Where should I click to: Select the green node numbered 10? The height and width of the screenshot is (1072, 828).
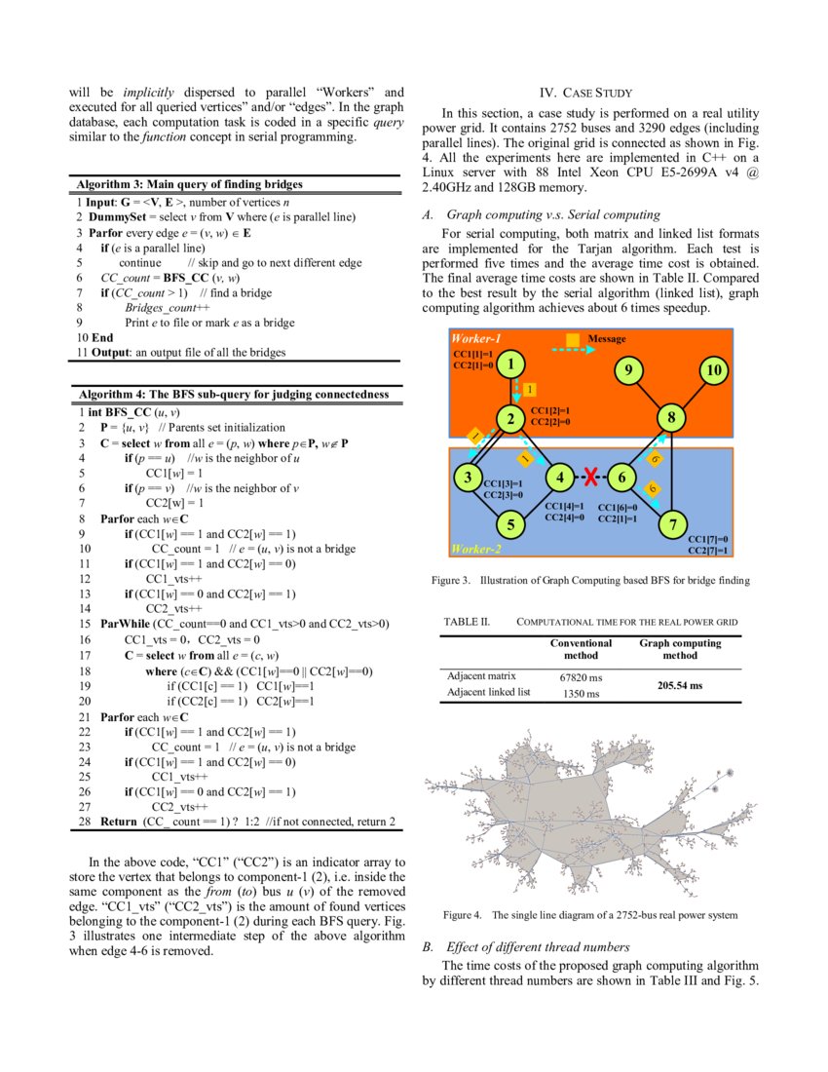point(714,370)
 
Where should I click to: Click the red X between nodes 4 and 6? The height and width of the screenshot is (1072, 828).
point(590,477)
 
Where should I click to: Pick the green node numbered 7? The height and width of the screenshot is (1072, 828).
point(673,525)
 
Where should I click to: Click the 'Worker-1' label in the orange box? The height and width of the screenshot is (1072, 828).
point(477,338)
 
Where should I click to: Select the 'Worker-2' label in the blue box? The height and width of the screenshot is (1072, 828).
point(477,550)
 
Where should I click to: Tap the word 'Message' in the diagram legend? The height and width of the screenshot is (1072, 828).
point(607,339)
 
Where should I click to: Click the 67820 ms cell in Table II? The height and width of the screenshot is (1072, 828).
point(581,675)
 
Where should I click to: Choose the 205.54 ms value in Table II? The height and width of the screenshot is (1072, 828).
point(680,685)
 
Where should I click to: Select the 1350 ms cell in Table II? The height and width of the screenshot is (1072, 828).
point(581,693)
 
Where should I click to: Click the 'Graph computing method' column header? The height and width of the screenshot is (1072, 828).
point(680,649)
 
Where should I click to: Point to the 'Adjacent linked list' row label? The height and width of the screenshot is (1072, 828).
point(488,692)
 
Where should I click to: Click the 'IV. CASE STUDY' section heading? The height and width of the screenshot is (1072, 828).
point(590,94)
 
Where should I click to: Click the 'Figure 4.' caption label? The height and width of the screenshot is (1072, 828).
point(464,915)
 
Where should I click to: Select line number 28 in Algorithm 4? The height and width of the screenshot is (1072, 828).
point(82,822)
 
